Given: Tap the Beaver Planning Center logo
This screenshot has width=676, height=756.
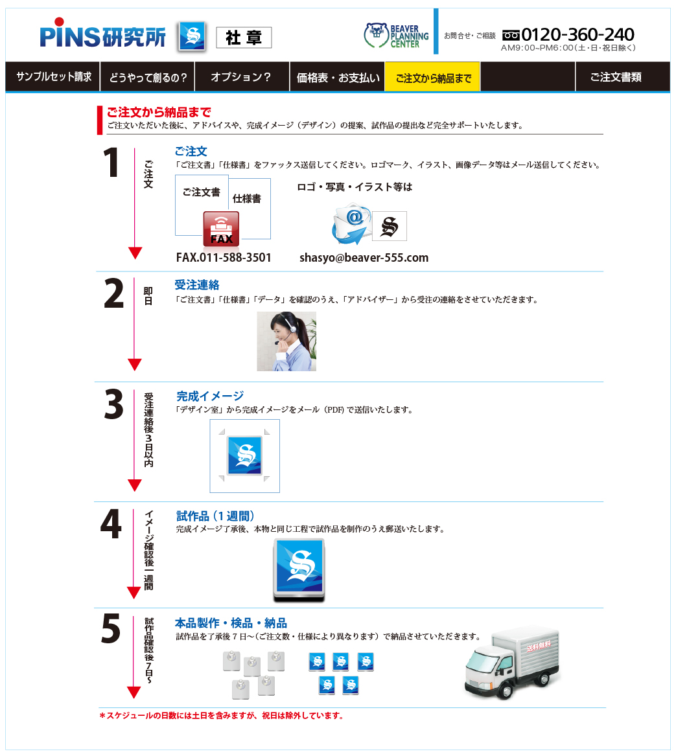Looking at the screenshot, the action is (x=396, y=36).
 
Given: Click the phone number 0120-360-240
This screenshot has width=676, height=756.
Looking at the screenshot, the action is (x=577, y=34).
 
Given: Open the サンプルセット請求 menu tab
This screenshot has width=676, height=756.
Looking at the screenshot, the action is (x=53, y=76).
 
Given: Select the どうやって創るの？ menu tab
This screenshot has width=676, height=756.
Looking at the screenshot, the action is (x=147, y=77).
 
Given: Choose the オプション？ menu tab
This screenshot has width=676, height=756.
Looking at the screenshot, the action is (x=241, y=77).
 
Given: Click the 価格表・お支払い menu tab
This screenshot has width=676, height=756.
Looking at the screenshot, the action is (x=337, y=77).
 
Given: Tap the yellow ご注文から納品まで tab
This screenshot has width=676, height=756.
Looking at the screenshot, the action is (x=432, y=77).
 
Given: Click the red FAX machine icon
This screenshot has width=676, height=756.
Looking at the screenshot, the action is (x=221, y=229).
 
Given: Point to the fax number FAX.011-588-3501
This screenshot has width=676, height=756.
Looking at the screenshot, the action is (x=224, y=257).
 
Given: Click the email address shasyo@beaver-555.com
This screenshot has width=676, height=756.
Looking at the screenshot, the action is (x=364, y=257).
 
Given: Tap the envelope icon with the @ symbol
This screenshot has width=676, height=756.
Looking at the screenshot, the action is (x=351, y=223).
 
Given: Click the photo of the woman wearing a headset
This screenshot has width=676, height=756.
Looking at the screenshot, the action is (x=286, y=341).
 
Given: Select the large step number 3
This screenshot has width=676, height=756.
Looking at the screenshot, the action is (x=114, y=404).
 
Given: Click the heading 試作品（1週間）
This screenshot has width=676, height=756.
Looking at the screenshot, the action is (x=215, y=516).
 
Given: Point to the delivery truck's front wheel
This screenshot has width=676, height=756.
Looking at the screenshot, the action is (x=506, y=691).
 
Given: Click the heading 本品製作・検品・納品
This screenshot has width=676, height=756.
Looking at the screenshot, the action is (x=231, y=623).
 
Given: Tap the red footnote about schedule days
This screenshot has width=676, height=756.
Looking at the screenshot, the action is (x=222, y=715).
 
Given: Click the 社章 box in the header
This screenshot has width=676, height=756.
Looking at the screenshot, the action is (x=244, y=38).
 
